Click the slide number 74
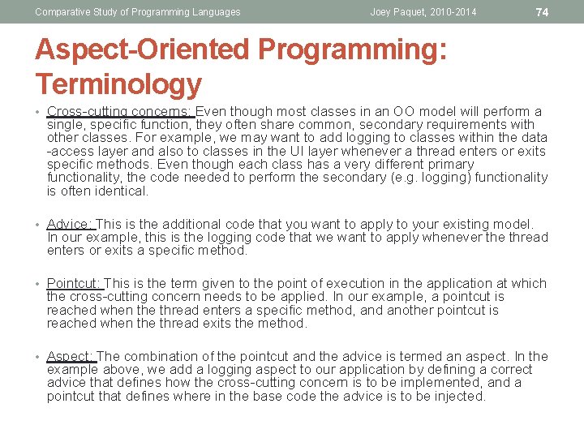(543, 12)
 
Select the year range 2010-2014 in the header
(451, 12)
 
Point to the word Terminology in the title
(118, 84)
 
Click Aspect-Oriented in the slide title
(143, 50)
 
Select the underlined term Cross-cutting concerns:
(120, 111)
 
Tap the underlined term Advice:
(71, 224)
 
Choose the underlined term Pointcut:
(75, 283)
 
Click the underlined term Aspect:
(71, 356)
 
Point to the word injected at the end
(458, 397)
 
